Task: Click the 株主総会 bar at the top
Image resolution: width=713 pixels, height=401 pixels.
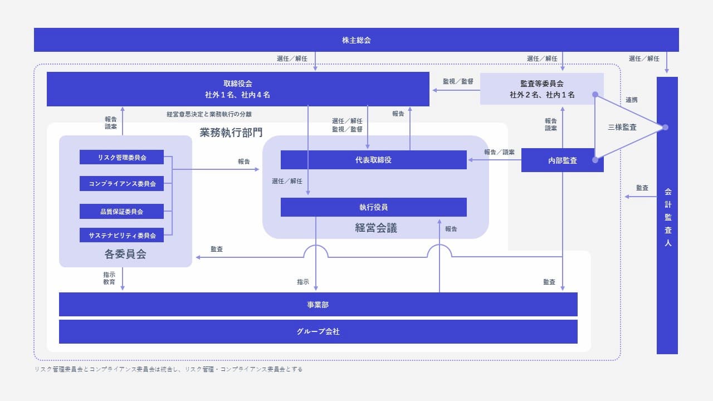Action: coord(356,40)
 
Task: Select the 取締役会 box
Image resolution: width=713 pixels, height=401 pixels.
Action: coord(238,89)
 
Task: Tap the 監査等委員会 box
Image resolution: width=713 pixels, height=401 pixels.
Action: coord(541,89)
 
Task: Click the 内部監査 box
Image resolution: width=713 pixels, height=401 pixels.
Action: coord(562,160)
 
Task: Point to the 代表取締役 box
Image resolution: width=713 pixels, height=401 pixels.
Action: coord(373,160)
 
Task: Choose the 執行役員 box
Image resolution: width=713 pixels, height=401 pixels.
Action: coord(373,207)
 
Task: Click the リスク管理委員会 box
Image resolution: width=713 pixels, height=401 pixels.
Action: coord(121,158)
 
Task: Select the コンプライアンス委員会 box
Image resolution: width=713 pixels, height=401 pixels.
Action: coord(121,184)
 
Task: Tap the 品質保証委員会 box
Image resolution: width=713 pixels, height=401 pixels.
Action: coord(121,212)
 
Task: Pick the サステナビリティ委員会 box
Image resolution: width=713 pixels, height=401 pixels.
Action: coord(121,236)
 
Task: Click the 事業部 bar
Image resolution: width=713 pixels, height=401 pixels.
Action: coord(318,305)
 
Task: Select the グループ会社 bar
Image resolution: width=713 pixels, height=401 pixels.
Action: coord(318,331)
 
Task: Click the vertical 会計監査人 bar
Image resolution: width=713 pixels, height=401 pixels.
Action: coord(667,216)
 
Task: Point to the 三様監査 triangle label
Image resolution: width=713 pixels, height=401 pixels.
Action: coord(622,128)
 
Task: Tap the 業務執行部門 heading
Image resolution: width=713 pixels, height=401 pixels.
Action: coord(231,133)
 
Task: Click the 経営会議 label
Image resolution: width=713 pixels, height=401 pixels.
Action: coord(376,228)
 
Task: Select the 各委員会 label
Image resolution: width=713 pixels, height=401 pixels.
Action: coord(125,255)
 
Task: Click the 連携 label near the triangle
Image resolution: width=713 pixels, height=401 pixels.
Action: coord(631,100)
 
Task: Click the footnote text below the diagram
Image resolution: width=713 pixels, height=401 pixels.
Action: coord(168,369)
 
